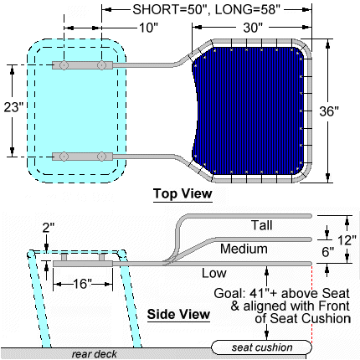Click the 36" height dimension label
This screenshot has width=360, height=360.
(x=329, y=111)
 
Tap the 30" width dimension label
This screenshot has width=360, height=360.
(x=253, y=28)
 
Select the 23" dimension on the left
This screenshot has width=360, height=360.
(x=13, y=107)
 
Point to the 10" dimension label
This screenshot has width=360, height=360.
(x=148, y=28)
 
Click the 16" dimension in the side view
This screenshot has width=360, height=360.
(x=82, y=284)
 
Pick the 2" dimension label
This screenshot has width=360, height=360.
(x=48, y=228)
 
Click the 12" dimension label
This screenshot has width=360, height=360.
(x=347, y=240)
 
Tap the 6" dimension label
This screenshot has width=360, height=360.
(x=328, y=252)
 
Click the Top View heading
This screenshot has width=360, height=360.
(x=183, y=193)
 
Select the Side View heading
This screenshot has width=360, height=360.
(x=178, y=314)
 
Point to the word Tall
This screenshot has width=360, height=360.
(x=261, y=225)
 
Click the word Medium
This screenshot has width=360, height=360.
(x=244, y=249)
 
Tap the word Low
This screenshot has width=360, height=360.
(x=214, y=273)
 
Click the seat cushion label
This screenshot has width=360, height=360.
(x=262, y=347)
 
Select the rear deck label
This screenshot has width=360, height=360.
(x=94, y=354)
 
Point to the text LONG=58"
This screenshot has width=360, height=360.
(x=247, y=10)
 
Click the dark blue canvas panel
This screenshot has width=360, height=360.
(x=249, y=111)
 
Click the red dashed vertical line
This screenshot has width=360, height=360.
(x=311, y=304)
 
